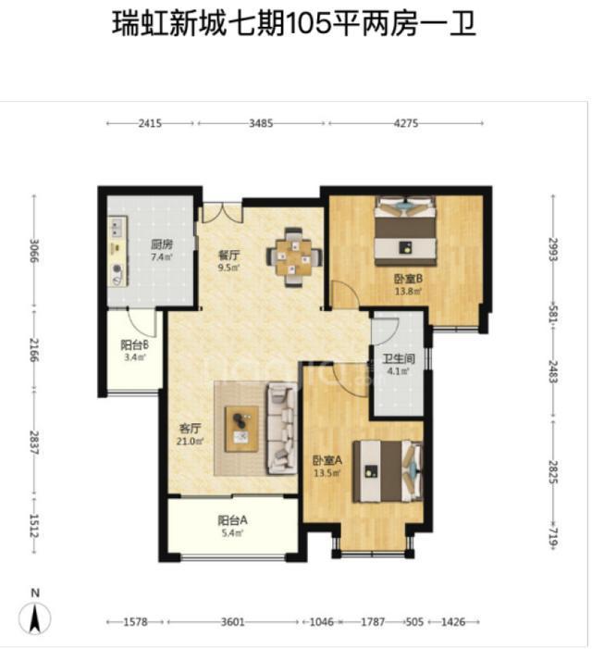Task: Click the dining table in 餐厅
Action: (x=294, y=256)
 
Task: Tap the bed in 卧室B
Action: (x=405, y=231)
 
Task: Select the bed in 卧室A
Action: (x=388, y=471)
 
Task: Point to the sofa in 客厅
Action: (x=282, y=428)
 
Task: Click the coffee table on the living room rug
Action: (x=241, y=430)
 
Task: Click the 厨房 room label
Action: (x=161, y=244)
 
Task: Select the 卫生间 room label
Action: (x=398, y=359)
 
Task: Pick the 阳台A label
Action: (x=232, y=520)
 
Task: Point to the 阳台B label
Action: (x=134, y=344)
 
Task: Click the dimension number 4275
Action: (x=405, y=123)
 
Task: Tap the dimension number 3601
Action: (x=233, y=621)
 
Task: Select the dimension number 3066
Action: (x=34, y=250)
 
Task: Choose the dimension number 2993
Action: (x=553, y=249)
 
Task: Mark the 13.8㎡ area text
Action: (x=408, y=292)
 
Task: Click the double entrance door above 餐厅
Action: (x=222, y=212)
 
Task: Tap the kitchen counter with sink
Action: (x=117, y=251)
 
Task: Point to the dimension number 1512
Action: (x=34, y=526)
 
